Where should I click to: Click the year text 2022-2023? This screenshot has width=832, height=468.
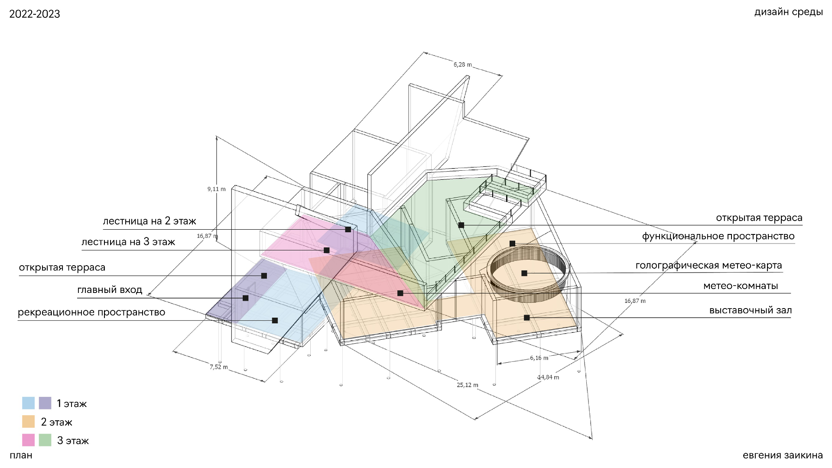35,14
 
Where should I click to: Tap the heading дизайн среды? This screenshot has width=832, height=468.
788,12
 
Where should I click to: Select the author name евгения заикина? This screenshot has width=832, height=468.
783,455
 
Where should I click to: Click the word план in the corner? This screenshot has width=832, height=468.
21,455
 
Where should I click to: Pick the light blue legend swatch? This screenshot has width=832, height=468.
29,403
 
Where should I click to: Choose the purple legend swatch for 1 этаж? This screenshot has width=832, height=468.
45,403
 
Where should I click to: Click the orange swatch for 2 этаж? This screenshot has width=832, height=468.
29,422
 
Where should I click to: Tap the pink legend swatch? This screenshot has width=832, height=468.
29,440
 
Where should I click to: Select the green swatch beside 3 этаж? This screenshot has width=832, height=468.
45,440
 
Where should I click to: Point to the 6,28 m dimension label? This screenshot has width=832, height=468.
463,65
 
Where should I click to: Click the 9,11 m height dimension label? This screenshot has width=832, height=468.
216,189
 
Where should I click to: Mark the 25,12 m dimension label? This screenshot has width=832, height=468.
468,385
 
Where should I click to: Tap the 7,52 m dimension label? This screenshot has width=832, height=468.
219,367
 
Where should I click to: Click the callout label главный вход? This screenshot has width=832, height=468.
110,290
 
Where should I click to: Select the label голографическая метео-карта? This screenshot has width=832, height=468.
709,265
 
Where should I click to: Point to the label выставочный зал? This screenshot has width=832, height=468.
751,310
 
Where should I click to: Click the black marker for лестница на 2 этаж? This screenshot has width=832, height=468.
348,229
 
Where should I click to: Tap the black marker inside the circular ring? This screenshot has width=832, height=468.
524,273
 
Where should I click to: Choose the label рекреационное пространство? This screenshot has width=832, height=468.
91,312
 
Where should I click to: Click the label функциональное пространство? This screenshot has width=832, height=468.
718,236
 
